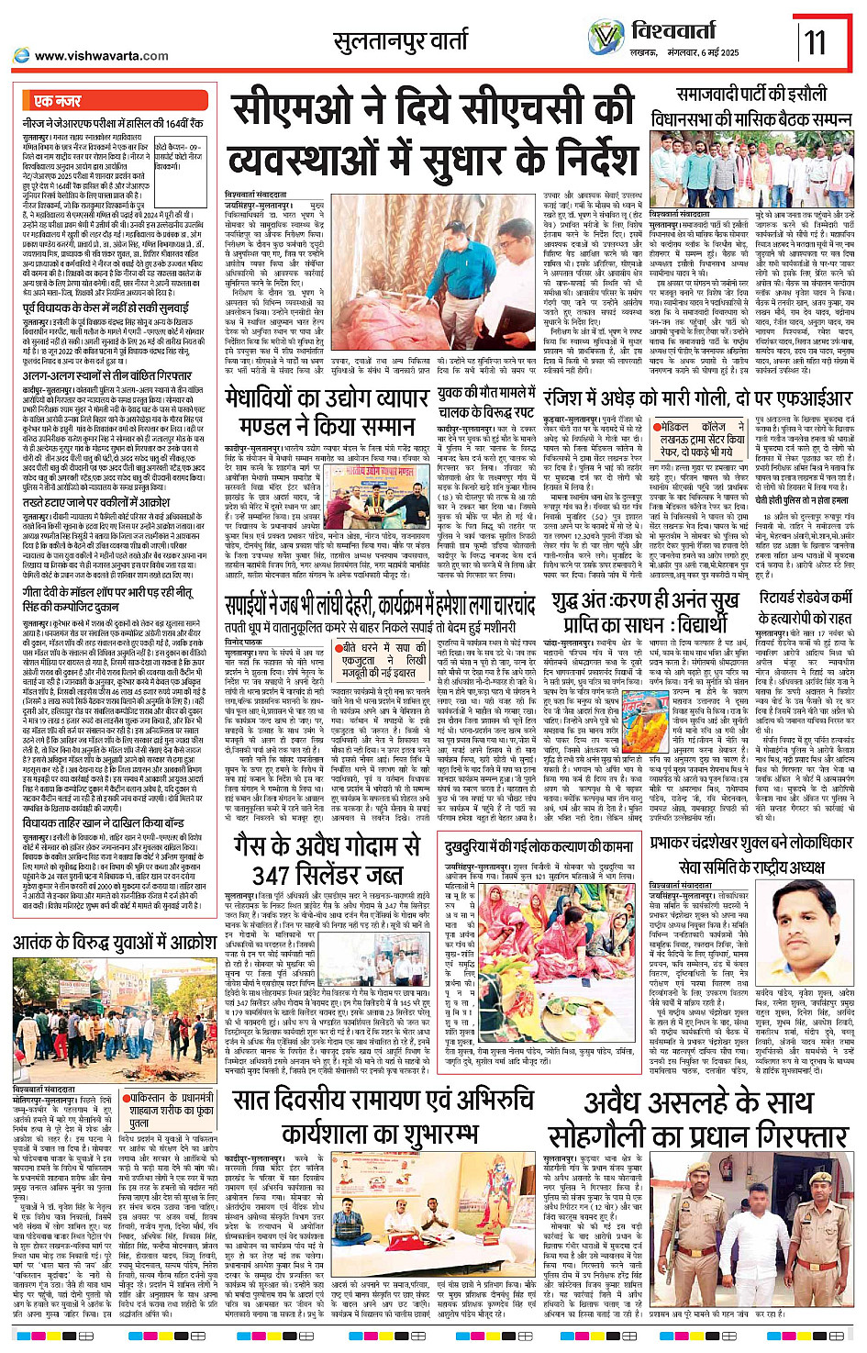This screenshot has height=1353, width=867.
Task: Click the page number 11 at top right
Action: [x=815, y=41]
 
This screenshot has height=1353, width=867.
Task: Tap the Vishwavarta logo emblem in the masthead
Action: [x=606, y=37]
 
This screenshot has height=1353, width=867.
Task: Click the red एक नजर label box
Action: [x=57, y=100]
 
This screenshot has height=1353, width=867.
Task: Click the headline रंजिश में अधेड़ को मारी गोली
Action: [x=697, y=398]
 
